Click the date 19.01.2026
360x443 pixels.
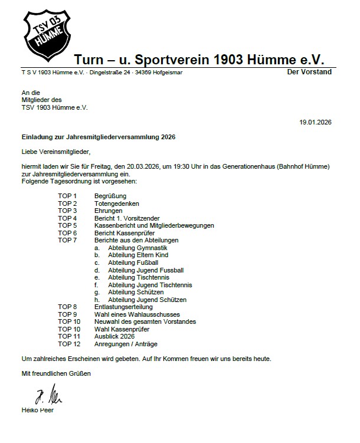316,122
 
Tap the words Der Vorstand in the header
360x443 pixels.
309,72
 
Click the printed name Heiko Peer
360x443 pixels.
38,410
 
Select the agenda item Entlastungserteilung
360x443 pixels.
123,307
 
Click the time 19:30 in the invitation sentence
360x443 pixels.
167,166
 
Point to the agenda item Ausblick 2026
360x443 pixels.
114,336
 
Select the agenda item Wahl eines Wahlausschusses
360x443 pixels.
137,314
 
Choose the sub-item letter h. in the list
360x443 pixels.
96,300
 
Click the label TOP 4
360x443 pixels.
67,218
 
